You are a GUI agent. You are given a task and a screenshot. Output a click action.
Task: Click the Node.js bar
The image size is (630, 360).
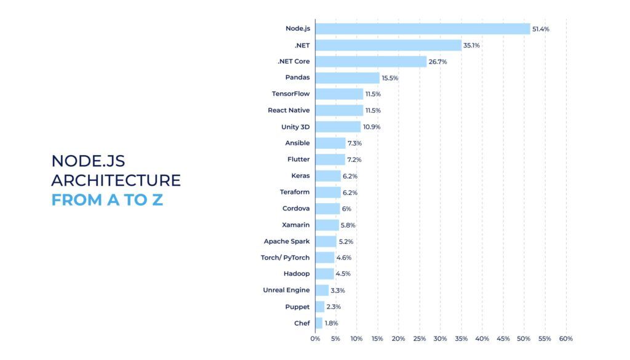(x=423, y=29)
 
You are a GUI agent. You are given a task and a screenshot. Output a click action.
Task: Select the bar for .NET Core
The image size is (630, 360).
(x=371, y=62)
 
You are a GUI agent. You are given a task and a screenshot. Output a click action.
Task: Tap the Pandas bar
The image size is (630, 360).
(x=348, y=78)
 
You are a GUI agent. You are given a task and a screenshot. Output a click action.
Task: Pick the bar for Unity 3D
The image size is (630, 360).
(x=338, y=127)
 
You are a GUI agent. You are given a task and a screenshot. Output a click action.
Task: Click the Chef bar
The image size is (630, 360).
(x=319, y=323)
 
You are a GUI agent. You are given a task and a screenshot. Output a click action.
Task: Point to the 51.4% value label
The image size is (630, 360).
(x=541, y=29)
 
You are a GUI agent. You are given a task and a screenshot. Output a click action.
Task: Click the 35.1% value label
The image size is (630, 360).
(x=472, y=45)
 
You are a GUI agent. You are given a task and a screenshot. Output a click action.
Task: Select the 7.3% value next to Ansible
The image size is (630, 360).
(x=354, y=143)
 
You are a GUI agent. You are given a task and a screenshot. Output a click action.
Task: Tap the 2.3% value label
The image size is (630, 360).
(x=333, y=306)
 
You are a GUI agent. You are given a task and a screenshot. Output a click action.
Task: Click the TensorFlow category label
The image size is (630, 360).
(x=290, y=94)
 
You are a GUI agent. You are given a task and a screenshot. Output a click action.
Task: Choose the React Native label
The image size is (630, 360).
(x=289, y=110)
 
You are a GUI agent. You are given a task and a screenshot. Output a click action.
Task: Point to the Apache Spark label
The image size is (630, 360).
(x=287, y=241)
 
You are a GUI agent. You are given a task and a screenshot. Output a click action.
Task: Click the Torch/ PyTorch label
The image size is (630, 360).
(x=285, y=257)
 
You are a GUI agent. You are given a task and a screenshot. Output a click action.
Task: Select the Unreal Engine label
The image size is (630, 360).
(x=286, y=290)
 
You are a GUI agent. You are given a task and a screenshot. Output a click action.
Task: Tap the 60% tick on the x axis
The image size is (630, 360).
(x=566, y=339)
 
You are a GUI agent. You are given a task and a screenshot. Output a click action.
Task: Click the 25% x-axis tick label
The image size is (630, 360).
(x=420, y=339)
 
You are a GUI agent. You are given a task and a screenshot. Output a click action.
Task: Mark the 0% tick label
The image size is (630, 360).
(x=315, y=339)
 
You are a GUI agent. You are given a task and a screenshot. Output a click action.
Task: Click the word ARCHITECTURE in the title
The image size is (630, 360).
(x=116, y=180)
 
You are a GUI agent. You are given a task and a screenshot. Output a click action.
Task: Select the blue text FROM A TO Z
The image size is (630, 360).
(x=107, y=200)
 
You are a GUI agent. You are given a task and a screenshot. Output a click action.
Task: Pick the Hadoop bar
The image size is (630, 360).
(x=325, y=274)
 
